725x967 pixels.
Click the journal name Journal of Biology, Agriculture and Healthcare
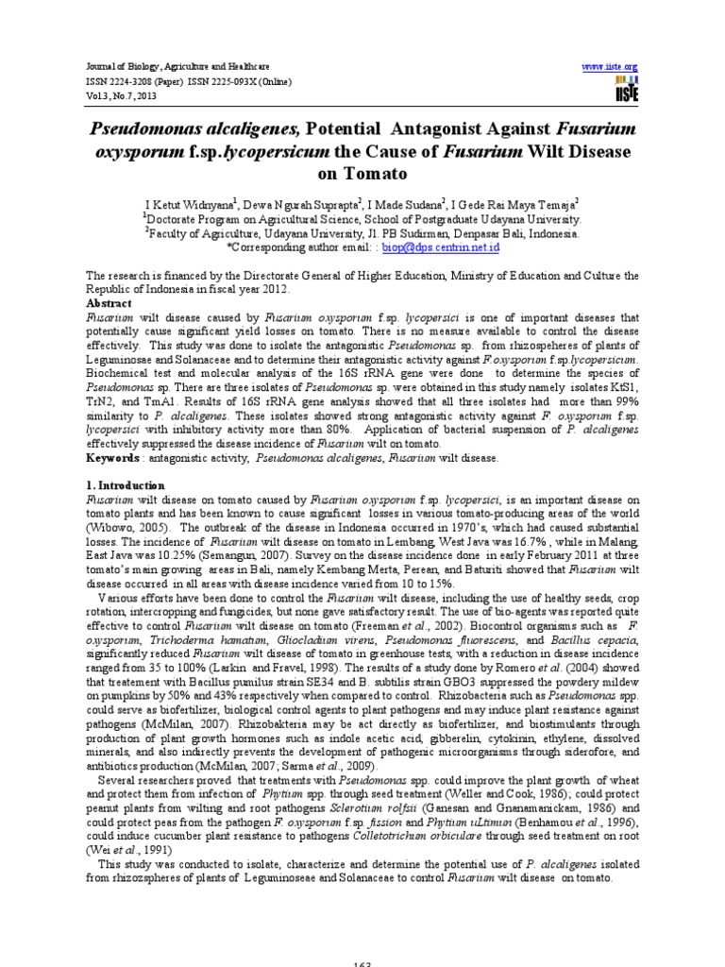[165, 67]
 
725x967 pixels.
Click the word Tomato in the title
[362, 174]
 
